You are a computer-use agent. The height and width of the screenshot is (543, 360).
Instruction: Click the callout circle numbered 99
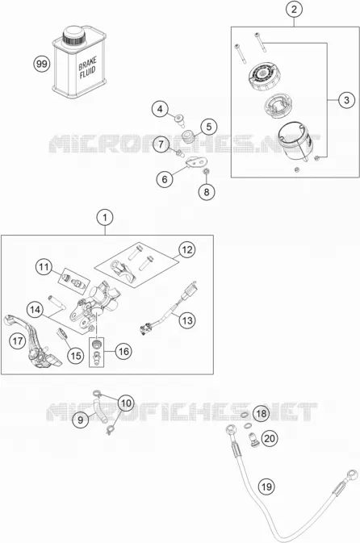pos(42,64)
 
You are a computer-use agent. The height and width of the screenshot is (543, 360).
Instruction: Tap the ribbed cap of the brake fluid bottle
pos(73,35)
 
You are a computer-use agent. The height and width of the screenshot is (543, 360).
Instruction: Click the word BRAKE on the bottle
pos(87,64)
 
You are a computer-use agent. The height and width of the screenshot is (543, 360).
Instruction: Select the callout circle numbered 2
pos(294,10)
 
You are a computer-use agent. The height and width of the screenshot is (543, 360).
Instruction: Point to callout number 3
pos(346,100)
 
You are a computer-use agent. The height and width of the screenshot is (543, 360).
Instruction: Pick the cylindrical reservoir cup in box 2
pos(293,141)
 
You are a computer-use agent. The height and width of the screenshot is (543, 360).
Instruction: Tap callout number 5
pos(208,127)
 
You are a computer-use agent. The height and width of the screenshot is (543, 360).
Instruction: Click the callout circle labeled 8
pos(207,191)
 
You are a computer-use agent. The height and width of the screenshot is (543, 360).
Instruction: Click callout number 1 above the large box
pos(105,218)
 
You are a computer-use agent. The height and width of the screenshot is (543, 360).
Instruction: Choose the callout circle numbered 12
pos(186,249)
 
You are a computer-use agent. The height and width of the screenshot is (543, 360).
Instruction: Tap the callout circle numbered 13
pos(187,320)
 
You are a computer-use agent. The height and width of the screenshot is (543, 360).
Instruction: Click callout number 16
pos(123,352)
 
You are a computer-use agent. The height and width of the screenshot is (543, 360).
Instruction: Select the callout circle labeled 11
pos(44,267)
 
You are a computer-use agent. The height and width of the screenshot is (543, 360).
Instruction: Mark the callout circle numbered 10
pos(126,403)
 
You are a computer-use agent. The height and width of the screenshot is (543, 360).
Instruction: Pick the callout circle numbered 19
pos(266,487)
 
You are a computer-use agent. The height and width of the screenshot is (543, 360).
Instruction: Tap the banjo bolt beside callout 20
pos(253,440)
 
